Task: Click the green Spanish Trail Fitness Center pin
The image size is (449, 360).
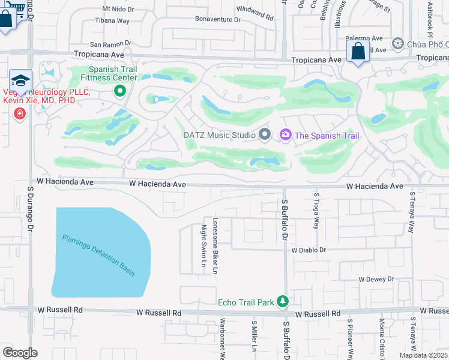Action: pyautogui.click(x=119, y=91)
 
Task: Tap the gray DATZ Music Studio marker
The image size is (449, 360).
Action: pyautogui.click(x=264, y=135)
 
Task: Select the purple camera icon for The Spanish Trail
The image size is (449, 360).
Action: pyautogui.click(x=285, y=135)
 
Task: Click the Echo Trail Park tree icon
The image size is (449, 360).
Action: pyautogui.click(x=283, y=302)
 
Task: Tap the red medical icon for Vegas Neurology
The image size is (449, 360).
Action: pyautogui.click(x=20, y=113)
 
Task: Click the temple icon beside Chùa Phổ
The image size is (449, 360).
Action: pyautogui.click(x=397, y=44)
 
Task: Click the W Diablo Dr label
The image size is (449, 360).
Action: pyautogui.click(x=309, y=250)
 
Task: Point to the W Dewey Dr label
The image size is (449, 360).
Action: pyautogui.click(x=376, y=279)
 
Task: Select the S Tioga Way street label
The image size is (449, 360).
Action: pyautogui.click(x=316, y=210)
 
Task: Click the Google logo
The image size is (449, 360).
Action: pyautogui.click(x=20, y=353)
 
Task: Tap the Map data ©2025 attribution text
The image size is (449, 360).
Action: pyautogui.click(x=423, y=355)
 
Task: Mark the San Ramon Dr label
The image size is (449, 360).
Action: pyautogui.click(x=110, y=44)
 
